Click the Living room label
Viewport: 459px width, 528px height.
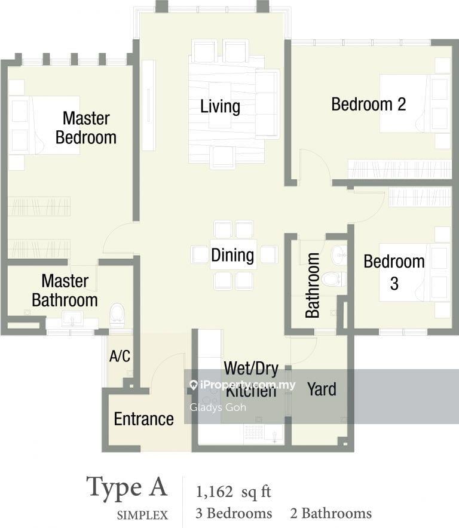[x=220, y=107]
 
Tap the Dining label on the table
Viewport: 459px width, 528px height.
[x=232, y=255]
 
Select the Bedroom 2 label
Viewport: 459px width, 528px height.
[x=368, y=104]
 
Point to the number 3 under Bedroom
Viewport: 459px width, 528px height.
[x=394, y=284]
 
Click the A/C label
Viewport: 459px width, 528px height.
[x=120, y=356]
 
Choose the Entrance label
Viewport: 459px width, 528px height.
[x=144, y=419]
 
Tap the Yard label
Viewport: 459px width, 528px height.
[x=322, y=389]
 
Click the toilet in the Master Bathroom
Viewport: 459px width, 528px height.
[x=117, y=315]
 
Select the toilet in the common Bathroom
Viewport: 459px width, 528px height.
[x=333, y=279]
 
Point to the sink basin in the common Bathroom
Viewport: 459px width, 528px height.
[x=339, y=255]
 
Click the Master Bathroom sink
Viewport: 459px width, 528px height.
[x=72, y=318]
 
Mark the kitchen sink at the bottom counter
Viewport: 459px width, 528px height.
[x=274, y=433]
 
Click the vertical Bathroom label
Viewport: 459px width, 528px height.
[x=313, y=286]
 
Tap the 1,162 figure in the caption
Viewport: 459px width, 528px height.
[x=215, y=492]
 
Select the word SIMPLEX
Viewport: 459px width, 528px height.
[x=142, y=515]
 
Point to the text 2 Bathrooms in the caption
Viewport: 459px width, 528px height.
[x=331, y=513]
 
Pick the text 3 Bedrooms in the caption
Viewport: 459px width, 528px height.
[x=234, y=513]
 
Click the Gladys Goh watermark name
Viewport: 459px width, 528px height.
[x=218, y=407]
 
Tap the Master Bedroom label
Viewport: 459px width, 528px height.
[x=86, y=128]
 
